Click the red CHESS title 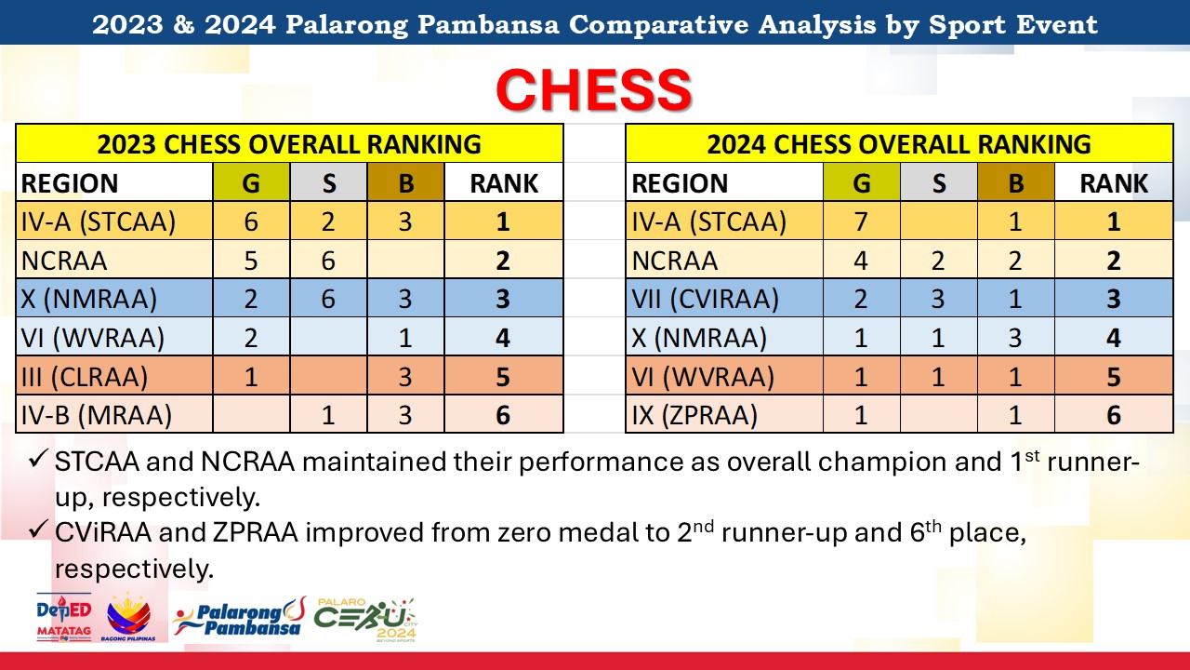point(594,89)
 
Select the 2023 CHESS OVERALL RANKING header point(289,144)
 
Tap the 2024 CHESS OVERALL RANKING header point(899,144)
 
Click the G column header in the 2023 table point(251,183)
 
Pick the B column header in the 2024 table point(1016,183)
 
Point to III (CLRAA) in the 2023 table point(84,377)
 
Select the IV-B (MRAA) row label point(96,415)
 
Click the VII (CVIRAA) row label point(705,299)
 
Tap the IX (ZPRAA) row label point(694,415)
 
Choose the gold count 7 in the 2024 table point(861,221)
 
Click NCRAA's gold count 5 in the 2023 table point(251,261)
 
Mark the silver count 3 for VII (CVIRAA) point(938,299)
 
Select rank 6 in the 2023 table point(503,415)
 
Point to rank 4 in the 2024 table point(1114,338)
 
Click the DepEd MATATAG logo point(64,617)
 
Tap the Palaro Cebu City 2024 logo point(365,620)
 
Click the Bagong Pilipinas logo point(128,617)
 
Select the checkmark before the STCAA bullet point(38,459)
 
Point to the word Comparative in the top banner point(658,25)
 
